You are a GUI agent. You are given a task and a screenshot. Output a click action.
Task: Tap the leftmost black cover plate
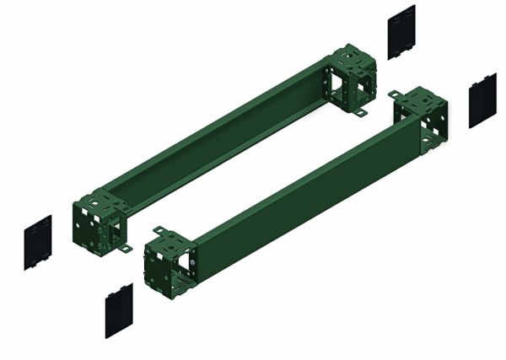tap(38, 243)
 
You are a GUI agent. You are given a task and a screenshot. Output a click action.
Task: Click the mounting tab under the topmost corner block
tap(361, 112)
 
